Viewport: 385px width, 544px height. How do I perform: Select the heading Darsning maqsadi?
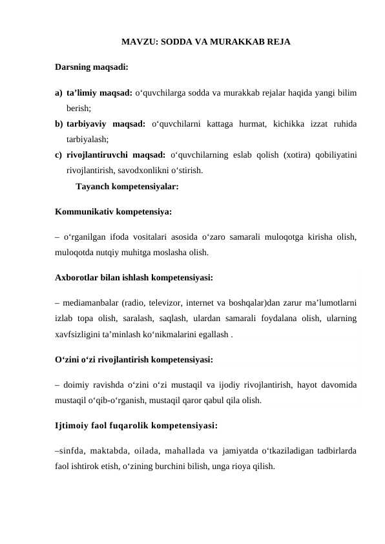(91, 67)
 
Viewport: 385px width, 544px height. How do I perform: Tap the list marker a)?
(59, 92)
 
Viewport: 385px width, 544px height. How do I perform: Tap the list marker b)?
(59, 123)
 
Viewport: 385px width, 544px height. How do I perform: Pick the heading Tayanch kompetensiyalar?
(127, 187)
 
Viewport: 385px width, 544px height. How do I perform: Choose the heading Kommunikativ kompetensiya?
(113, 211)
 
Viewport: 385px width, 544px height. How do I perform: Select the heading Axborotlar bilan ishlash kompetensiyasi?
(134, 278)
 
